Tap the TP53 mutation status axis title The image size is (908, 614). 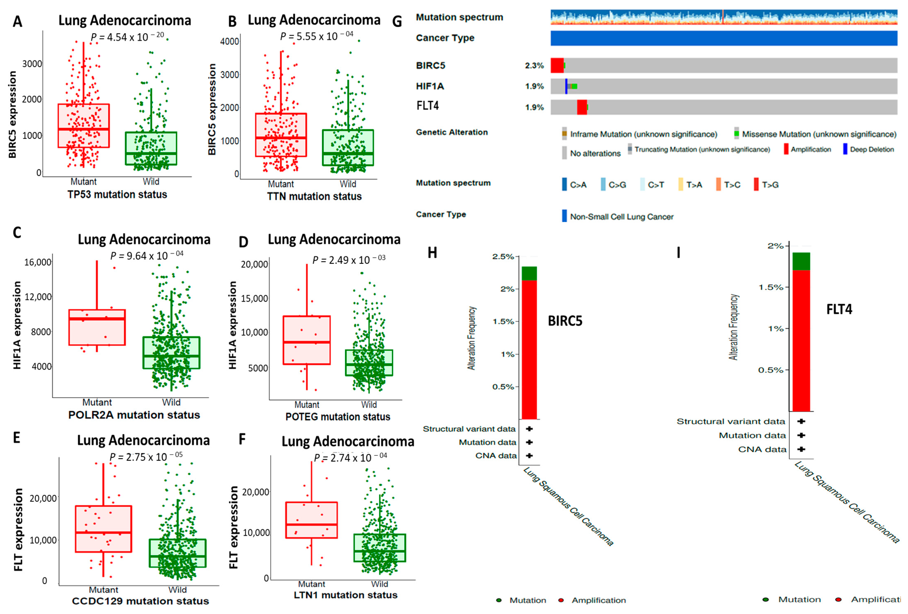[117, 195]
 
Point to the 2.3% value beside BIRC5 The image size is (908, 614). [534, 66]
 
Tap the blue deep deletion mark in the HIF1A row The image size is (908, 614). [566, 86]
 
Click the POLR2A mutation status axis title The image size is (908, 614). [134, 415]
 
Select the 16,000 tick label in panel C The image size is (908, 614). [38, 262]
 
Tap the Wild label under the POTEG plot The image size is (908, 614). [369, 405]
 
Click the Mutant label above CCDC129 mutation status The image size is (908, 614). [104, 590]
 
